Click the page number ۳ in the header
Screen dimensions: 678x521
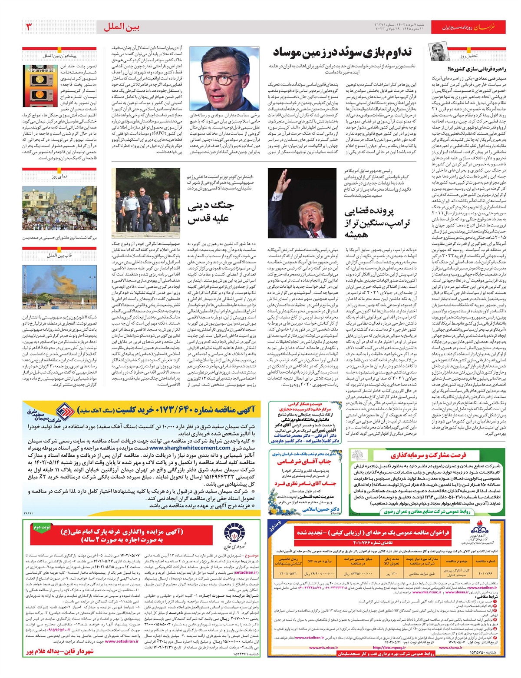[x=29, y=27]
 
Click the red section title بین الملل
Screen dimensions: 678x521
[x=122, y=27]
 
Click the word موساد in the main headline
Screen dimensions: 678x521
[x=294, y=53]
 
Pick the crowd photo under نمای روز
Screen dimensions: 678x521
[x=59, y=208]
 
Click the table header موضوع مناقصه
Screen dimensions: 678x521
[x=456, y=561]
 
